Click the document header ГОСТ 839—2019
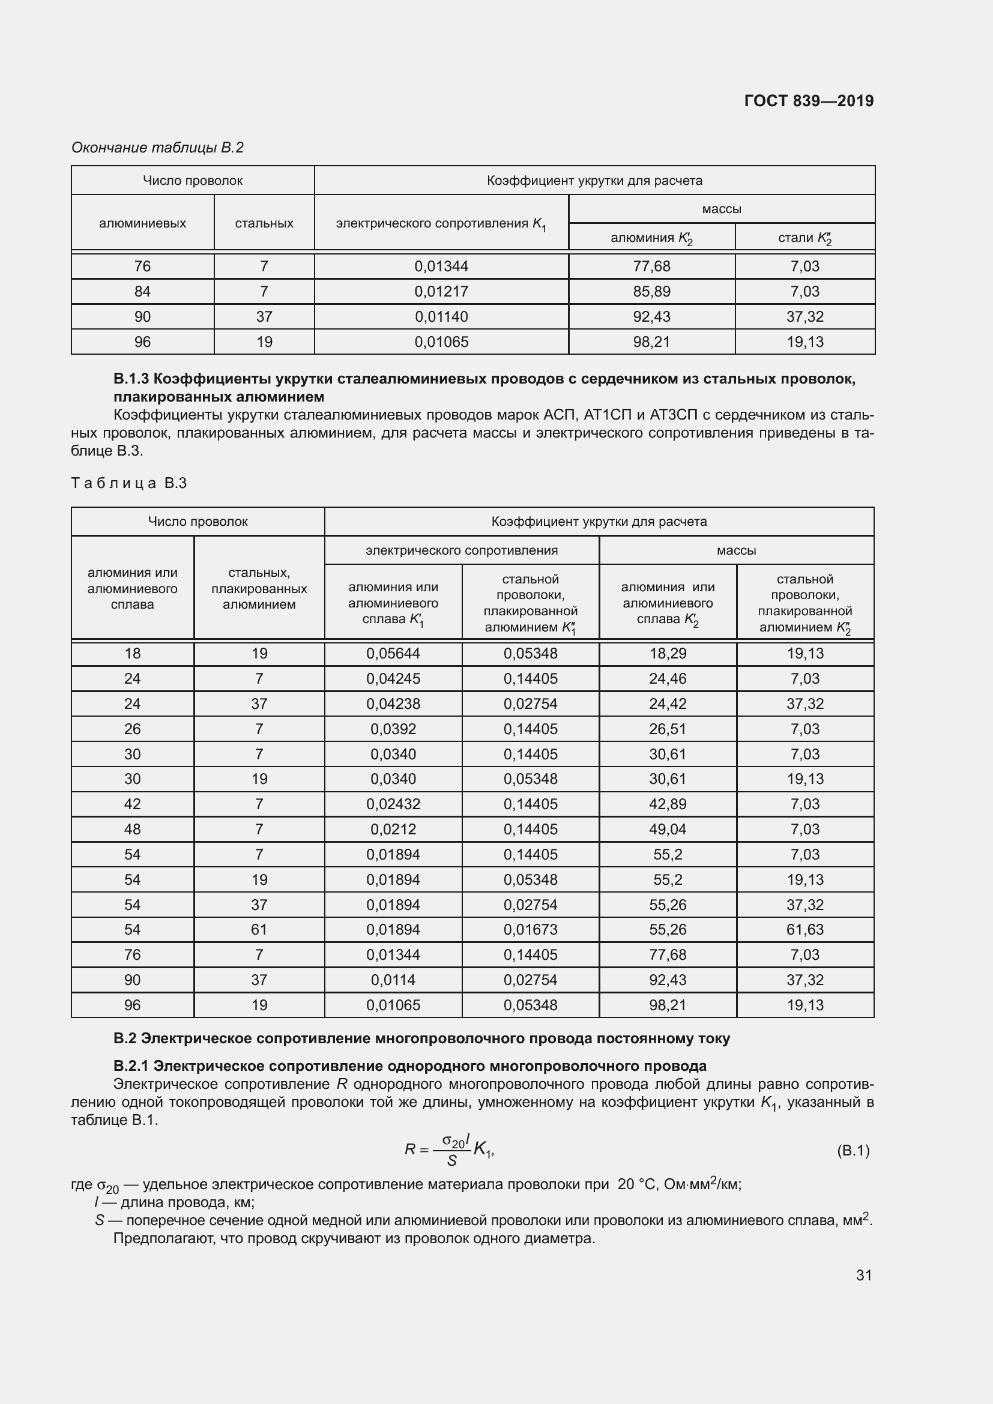point(808,101)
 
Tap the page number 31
point(863,1275)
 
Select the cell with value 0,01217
point(441,292)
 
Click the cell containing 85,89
point(651,292)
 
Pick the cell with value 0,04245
point(393,679)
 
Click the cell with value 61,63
point(804,929)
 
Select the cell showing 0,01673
point(530,929)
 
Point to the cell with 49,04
point(668,829)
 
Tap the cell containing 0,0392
point(393,729)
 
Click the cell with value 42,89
point(668,804)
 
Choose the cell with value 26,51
point(668,729)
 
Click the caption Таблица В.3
point(129,483)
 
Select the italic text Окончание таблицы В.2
point(157,148)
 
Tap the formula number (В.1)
point(853,1151)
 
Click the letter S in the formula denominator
point(452,1161)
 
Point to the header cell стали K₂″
point(804,238)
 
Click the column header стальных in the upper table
point(264,223)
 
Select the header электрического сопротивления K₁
point(441,224)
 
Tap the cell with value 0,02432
point(393,804)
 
